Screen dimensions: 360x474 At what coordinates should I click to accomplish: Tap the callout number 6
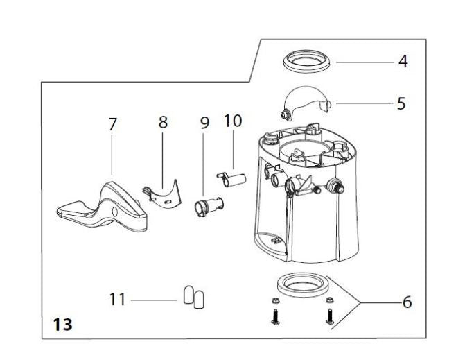pyautogui.click(x=407, y=302)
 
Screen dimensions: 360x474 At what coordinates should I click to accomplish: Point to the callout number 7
pyautogui.click(x=112, y=126)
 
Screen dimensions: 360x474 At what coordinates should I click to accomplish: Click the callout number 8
pyautogui.click(x=163, y=123)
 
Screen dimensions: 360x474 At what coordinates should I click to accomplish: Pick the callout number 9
pyautogui.click(x=204, y=123)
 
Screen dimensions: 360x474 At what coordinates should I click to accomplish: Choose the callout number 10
pyautogui.click(x=233, y=121)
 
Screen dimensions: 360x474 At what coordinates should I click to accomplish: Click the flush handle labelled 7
pyautogui.click(x=104, y=207)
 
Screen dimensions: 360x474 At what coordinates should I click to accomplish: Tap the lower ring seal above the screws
pyautogui.click(x=299, y=285)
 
